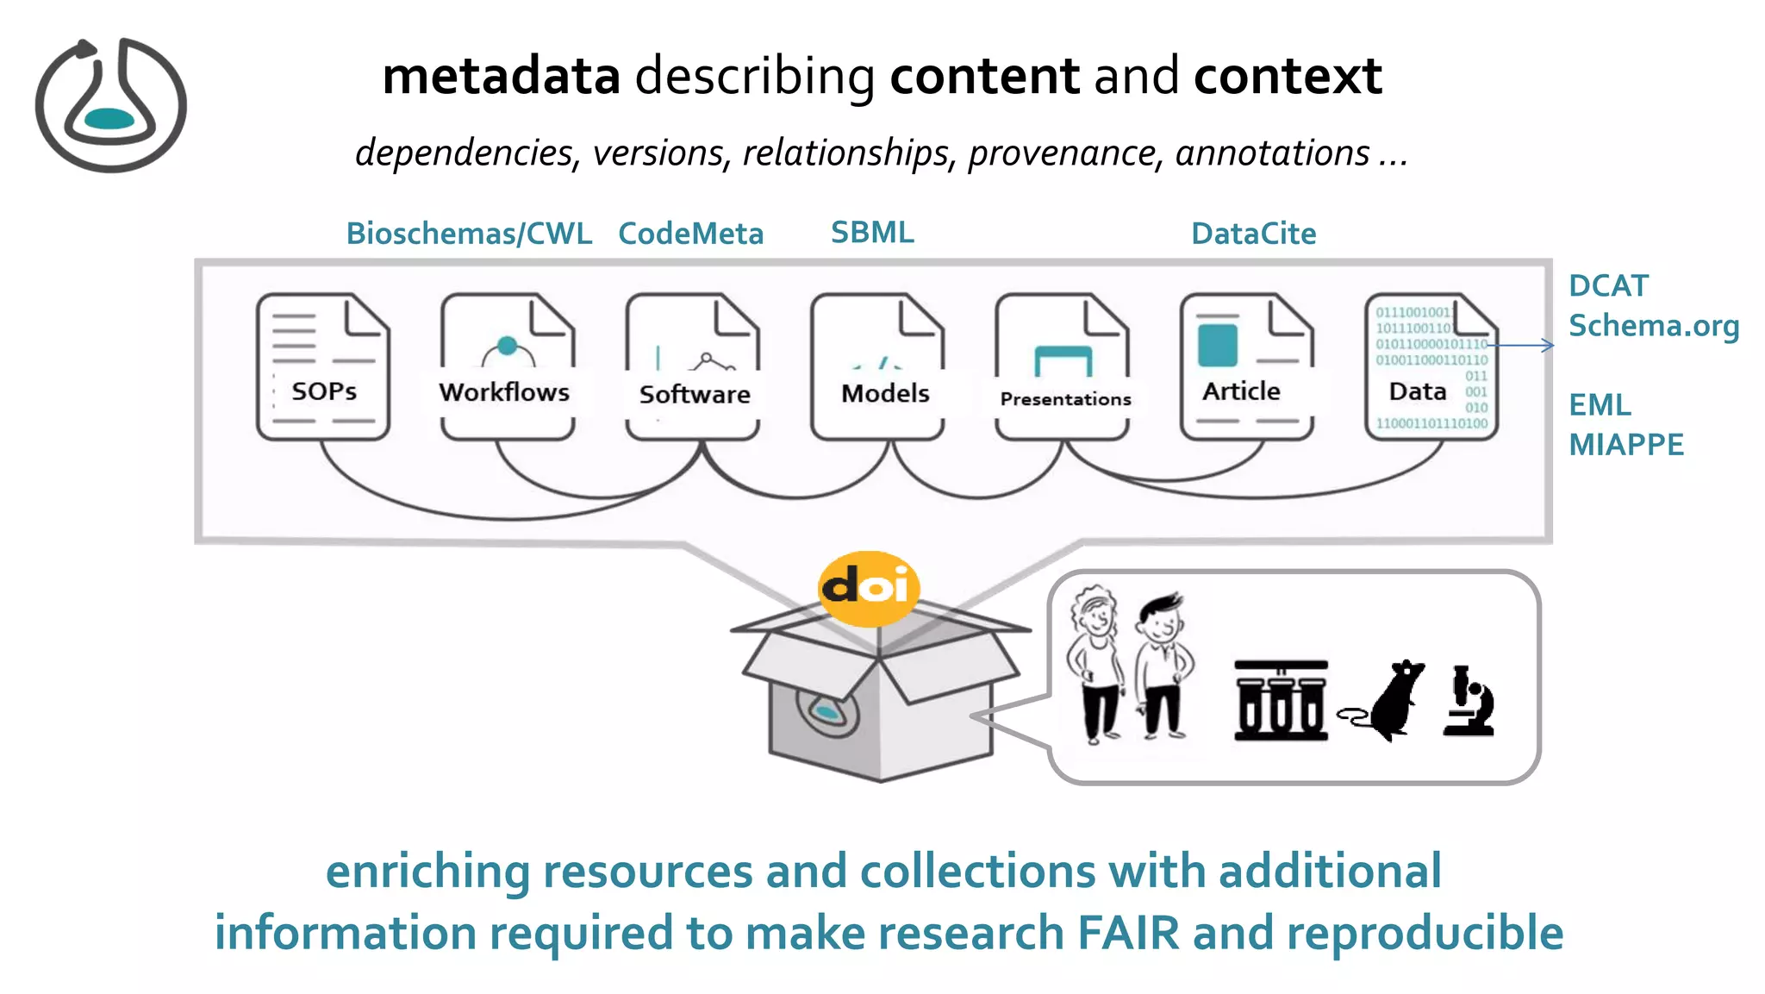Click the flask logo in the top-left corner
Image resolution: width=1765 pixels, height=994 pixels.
coord(110,104)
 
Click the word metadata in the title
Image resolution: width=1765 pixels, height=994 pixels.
coord(501,76)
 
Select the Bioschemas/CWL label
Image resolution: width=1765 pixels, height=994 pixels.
coord(469,234)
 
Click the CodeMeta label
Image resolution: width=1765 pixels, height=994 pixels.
coord(690,234)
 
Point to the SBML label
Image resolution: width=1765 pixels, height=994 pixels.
coord(872,233)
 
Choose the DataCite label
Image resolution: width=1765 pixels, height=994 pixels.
coord(1253,234)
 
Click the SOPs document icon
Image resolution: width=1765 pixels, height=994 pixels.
coord(323,366)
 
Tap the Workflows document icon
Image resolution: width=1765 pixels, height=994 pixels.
coord(507,366)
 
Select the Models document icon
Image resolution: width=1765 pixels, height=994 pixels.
coord(877,366)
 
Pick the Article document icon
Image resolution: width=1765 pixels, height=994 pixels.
coord(1246,366)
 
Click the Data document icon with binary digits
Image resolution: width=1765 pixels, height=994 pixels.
coord(1431,366)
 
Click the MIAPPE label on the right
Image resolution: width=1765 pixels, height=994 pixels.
coord(1625,445)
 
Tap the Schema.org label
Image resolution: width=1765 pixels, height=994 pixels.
coord(1653,326)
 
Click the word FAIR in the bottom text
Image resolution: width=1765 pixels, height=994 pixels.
coord(1128,934)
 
